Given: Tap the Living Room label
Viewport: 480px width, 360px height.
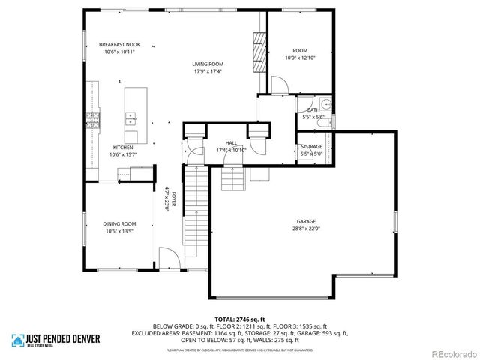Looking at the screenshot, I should (x=208, y=64).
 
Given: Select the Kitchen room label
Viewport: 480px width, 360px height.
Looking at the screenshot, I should (x=123, y=147).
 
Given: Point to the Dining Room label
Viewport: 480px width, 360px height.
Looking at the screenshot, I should (x=119, y=223).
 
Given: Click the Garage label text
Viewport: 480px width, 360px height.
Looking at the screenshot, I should (x=305, y=221).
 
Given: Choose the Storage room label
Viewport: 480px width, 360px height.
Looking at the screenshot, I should (x=312, y=146).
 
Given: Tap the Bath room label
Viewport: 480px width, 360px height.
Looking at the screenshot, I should (x=313, y=110).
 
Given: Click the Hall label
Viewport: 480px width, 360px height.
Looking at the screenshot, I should (x=232, y=142).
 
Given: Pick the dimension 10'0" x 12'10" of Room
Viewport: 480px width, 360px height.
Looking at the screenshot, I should (x=300, y=58).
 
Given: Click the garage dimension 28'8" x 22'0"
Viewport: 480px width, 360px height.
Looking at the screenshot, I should (x=305, y=228).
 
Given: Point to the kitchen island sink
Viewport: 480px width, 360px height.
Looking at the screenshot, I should (x=130, y=118).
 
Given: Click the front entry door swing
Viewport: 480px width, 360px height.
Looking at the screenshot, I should (x=171, y=259).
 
